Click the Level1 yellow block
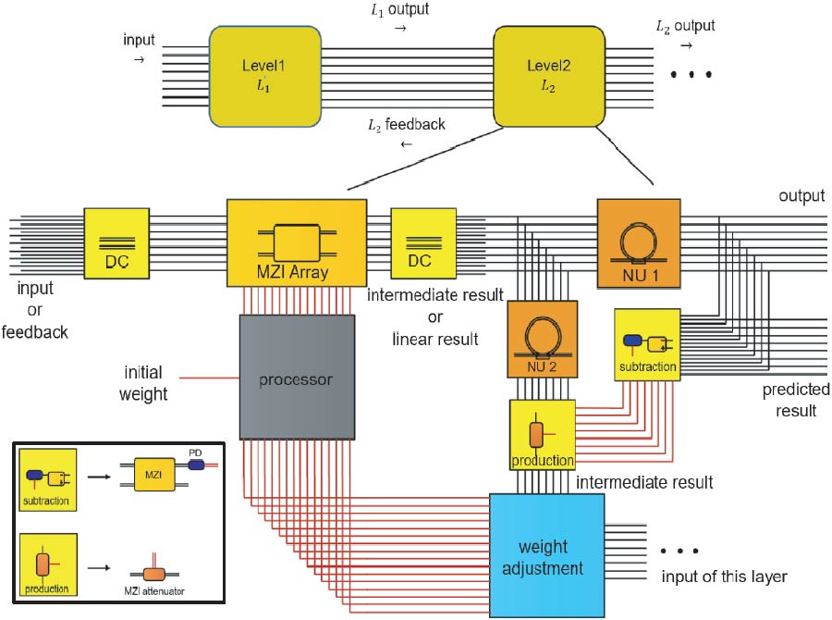click(265, 75)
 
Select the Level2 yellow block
click(549, 75)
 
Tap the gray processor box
click(297, 377)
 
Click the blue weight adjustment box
click(546, 554)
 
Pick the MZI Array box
click(297, 242)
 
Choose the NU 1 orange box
click(638, 242)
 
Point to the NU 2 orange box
click(542, 339)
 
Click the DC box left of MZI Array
click(116, 242)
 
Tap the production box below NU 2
click(542, 434)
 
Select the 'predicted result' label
click(796, 400)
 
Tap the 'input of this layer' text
click(724, 577)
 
